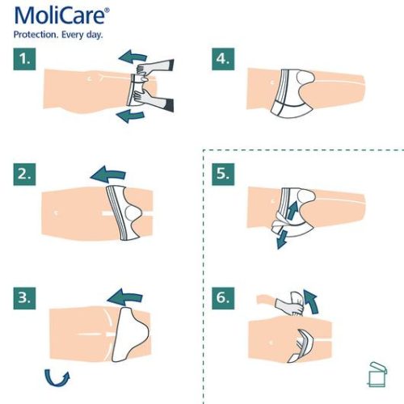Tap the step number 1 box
[x=25, y=60]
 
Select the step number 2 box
[x=25, y=175]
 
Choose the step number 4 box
[x=224, y=60]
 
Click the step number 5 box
[x=224, y=175]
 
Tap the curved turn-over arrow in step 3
[x=57, y=377]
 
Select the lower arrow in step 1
[x=129, y=116]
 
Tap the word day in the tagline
[x=102, y=35]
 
